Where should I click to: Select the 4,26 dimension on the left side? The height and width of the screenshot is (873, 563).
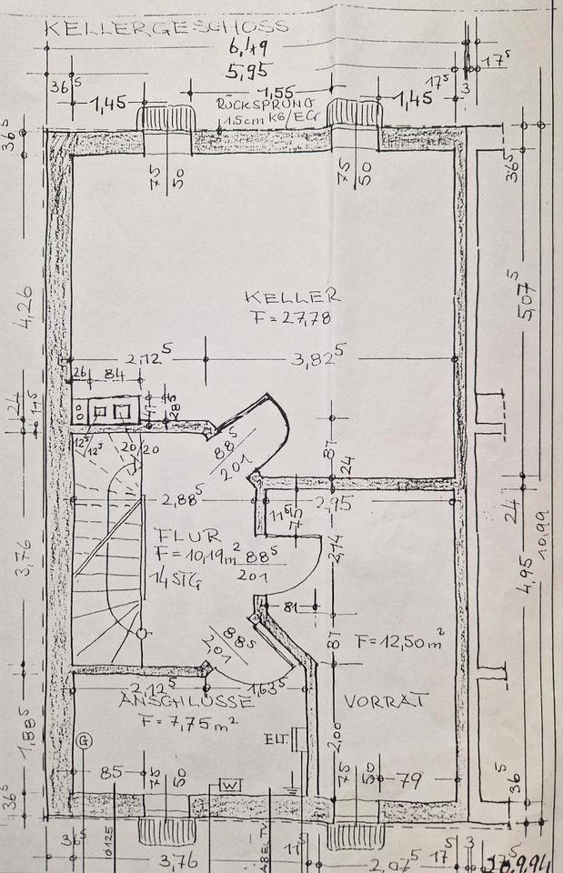pyautogui.click(x=28, y=309)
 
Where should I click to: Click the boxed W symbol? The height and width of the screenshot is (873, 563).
pyautogui.click(x=230, y=784)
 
